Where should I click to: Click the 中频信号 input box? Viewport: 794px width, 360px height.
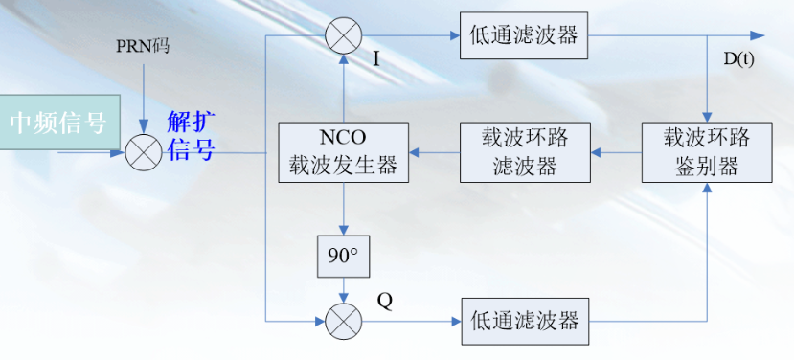(x=59, y=122)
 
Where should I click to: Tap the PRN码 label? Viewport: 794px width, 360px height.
(x=142, y=46)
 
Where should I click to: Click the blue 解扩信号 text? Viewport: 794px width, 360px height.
(x=192, y=136)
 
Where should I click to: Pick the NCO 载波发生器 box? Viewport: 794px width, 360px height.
(x=343, y=151)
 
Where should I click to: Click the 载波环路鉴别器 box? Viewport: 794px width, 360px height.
(x=707, y=151)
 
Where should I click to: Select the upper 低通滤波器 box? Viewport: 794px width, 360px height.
(x=523, y=35)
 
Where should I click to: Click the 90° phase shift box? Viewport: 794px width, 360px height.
(x=343, y=257)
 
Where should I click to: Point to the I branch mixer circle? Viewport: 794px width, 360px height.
(x=343, y=35)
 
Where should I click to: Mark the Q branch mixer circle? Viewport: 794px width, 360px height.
(x=343, y=321)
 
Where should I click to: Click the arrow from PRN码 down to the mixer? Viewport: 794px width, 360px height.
(x=142, y=96)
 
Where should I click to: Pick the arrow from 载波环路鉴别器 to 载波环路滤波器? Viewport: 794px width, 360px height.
(x=614, y=151)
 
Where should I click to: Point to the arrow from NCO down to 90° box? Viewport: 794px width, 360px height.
(x=343, y=209)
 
